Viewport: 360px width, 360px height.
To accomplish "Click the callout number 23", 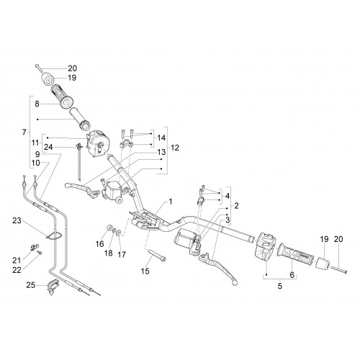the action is point(17,220).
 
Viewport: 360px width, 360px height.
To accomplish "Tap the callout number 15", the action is point(145,271).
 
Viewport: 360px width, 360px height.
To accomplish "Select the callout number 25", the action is point(31,285).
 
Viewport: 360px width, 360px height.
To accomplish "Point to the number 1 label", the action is point(171,202).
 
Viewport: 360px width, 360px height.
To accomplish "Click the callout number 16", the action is point(100,244).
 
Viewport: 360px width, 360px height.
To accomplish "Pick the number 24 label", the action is point(48,147).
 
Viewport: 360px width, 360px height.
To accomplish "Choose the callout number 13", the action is point(161,152).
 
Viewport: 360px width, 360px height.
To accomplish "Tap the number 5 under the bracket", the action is point(280,286).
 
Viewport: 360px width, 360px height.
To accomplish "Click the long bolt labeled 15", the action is point(157,255).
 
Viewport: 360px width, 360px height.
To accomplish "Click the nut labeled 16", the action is point(109,228).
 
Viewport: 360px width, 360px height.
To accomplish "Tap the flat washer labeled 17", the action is point(120,233).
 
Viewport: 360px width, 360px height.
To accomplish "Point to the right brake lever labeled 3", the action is point(217,266).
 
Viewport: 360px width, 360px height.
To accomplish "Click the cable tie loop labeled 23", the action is point(55,235).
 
